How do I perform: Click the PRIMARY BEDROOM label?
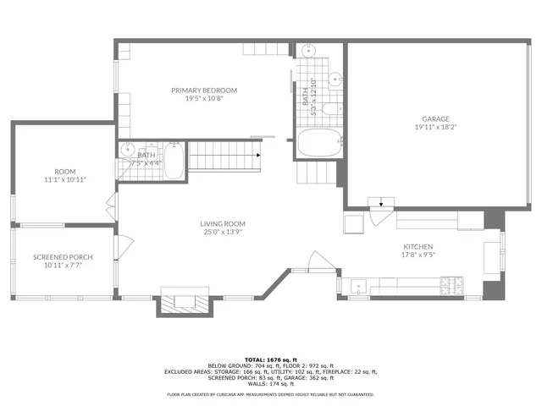[x=204, y=91]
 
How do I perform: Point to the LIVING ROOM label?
[x=223, y=224]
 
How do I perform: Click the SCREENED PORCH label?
[x=63, y=257]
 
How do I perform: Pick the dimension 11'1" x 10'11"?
[x=65, y=179]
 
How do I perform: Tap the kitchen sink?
[x=359, y=285]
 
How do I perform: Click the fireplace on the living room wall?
[x=184, y=301]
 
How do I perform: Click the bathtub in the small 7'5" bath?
[x=174, y=161]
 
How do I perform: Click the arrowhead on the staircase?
[x=255, y=156]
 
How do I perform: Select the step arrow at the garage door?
[x=381, y=202]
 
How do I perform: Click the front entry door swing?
[x=318, y=262]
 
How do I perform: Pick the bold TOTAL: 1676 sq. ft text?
[x=270, y=359]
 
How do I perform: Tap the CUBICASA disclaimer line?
[x=270, y=394]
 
